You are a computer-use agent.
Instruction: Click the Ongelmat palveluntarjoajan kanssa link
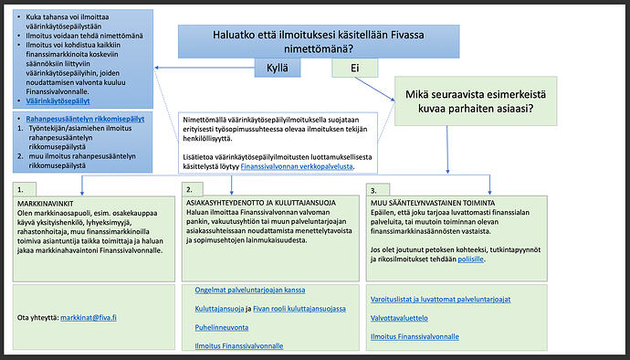pos(249,290)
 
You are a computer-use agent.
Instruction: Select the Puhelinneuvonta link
pos(222,327)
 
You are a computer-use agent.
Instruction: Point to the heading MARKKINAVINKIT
pos(46,201)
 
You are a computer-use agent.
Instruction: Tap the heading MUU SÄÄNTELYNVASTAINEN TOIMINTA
pos(433,201)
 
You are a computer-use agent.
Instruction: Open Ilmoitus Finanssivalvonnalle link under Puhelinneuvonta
pos(239,345)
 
